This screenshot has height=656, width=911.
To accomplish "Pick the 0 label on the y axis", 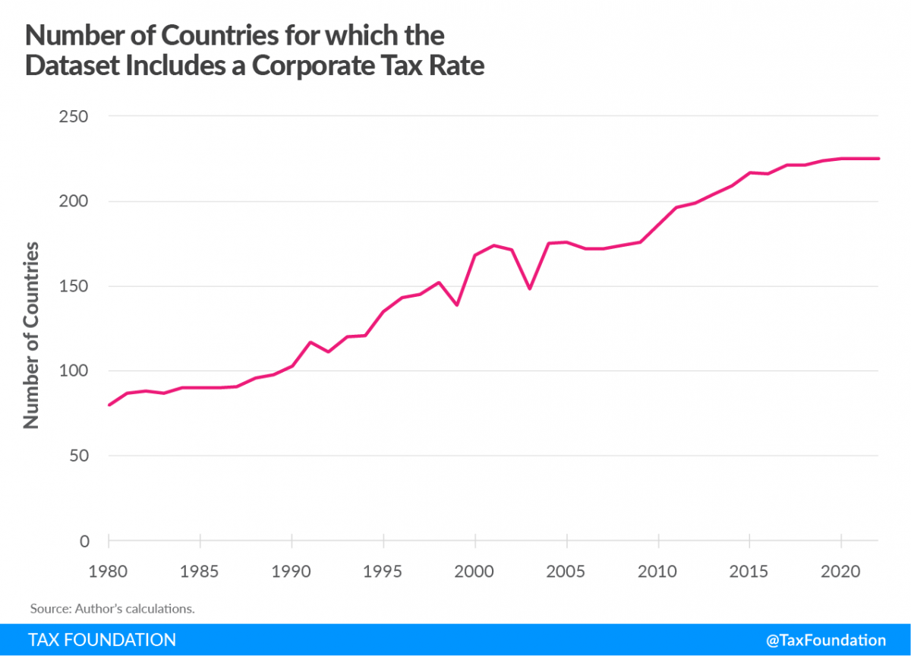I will (x=84, y=541).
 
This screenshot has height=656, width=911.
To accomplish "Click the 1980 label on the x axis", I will (x=109, y=570).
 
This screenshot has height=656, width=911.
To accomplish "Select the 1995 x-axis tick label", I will (x=383, y=570).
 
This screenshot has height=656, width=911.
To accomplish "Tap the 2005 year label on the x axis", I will (x=566, y=570).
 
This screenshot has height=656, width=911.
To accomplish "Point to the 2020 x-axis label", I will (x=841, y=570).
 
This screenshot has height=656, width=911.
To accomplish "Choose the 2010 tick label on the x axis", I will (x=658, y=570).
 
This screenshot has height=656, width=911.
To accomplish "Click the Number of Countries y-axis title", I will (x=32, y=335).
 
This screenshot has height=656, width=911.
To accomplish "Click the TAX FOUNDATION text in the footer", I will (x=102, y=640).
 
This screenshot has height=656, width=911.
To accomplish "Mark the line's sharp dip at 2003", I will (x=530, y=289).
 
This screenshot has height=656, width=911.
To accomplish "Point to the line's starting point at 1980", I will (x=109, y=405).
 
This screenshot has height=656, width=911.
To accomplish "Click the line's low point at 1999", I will (x=457, y=304).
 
